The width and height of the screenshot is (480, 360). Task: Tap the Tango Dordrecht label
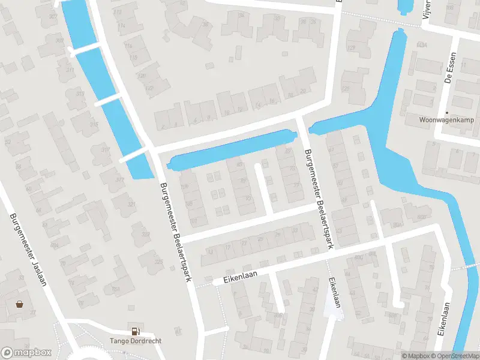point(135,341)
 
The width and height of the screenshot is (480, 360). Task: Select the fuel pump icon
point(136,331)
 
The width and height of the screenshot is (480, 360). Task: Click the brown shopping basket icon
point(20,304)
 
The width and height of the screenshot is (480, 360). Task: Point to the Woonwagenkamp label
point(447,119)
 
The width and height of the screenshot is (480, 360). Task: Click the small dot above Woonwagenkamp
point(447,112)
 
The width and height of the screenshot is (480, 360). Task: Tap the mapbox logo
point(26,353)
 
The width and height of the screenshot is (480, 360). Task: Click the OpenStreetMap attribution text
point(455,356)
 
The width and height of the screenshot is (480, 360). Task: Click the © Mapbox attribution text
point(415,356)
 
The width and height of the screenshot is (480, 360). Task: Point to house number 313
point(80,94)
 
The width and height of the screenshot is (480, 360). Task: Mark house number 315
point(94,124)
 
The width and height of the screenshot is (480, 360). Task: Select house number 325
point(158,261)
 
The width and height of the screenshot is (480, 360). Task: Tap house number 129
point(351,48)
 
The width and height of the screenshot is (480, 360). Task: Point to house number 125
point(345,89)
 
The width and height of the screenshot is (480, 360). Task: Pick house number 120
point(142,76)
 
